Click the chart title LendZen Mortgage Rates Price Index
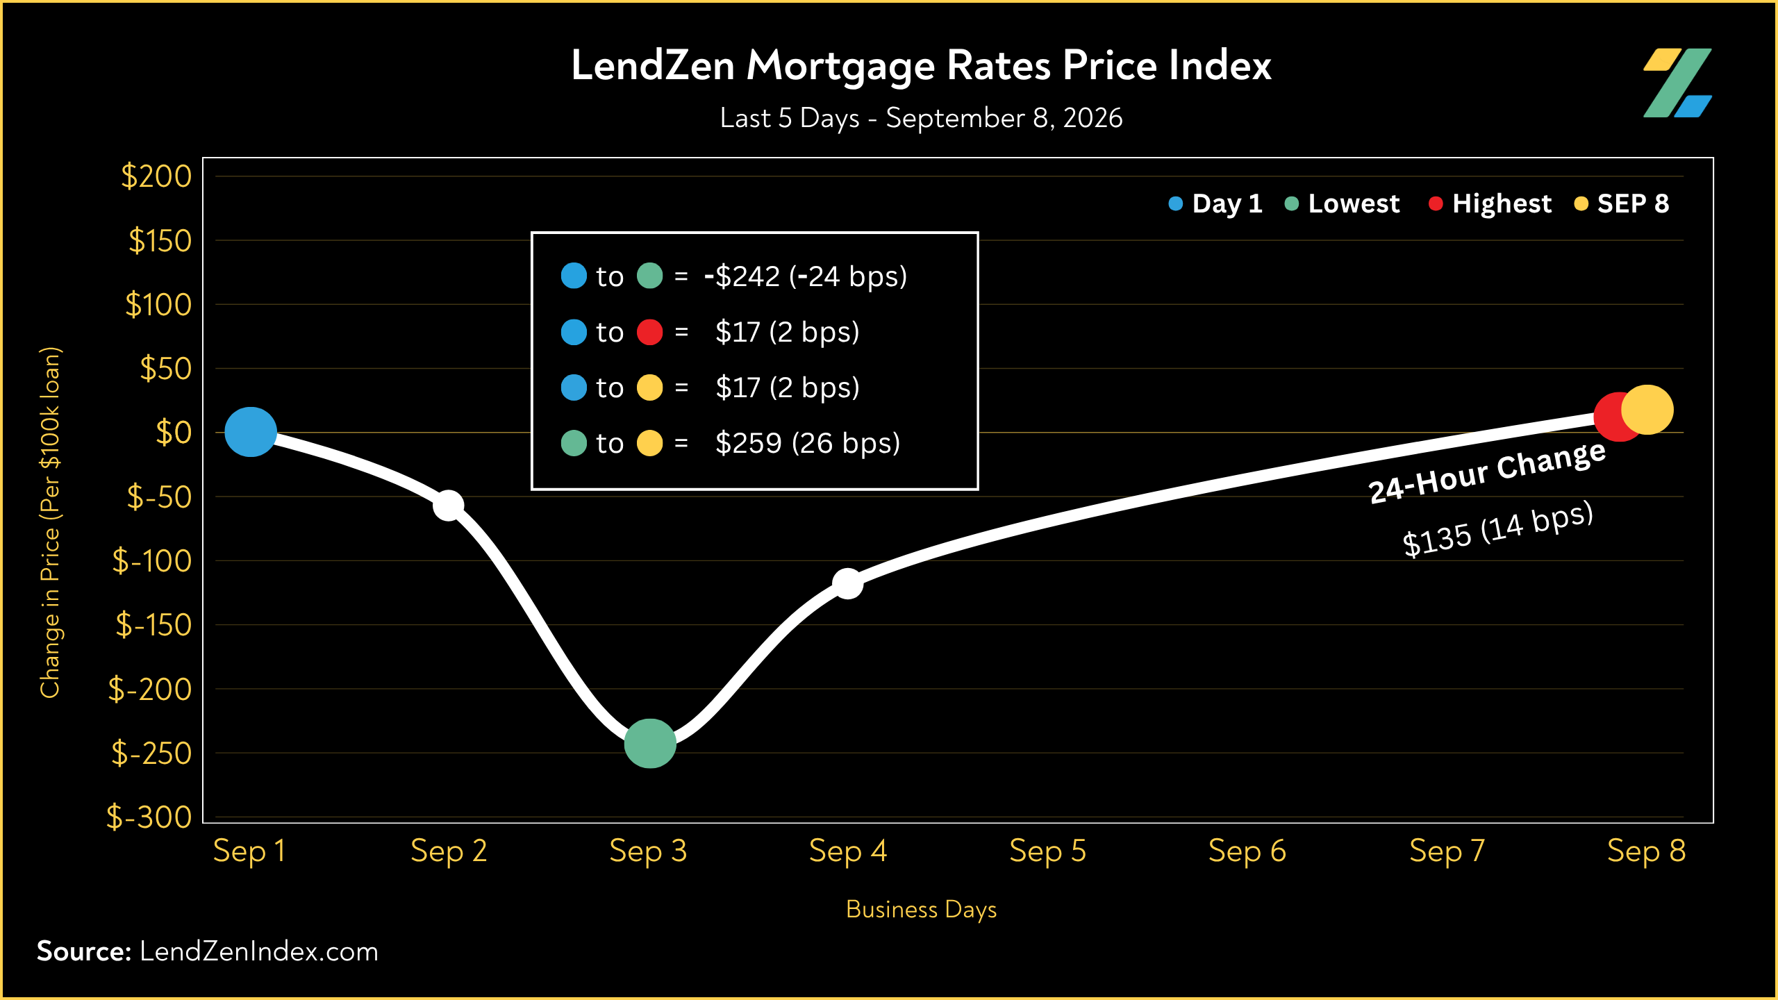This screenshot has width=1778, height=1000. click(921, 67)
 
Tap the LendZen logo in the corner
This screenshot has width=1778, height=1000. click(1677, 83)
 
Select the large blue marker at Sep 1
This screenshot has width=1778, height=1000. click(251, 432)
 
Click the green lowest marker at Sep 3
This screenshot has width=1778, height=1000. click(650, 744)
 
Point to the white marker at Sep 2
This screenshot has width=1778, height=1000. click(449, 505)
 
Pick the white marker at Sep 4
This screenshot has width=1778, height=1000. click(847, 583)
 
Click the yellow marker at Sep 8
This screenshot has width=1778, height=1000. click(1647, 410)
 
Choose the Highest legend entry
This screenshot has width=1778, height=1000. click(1490, 203)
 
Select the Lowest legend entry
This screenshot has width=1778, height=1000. click(1343, 203)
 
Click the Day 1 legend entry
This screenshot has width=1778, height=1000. click(1215, 203)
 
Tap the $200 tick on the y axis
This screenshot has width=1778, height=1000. click(156, 176)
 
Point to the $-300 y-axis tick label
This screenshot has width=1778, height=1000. click(149, 817)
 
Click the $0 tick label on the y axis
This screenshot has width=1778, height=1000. click(174, 433)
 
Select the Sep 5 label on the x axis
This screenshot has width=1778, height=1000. click(1047, 851)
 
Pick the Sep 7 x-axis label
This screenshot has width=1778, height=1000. click(1447, 851)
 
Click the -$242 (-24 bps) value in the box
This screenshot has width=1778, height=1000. click(806, 276)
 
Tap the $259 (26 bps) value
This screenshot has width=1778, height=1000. click(808, 443)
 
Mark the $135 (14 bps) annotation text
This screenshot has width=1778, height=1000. click(1497, 529)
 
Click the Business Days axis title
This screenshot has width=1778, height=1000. click(921, 910)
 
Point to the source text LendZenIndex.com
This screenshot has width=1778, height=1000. click(259, 951)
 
